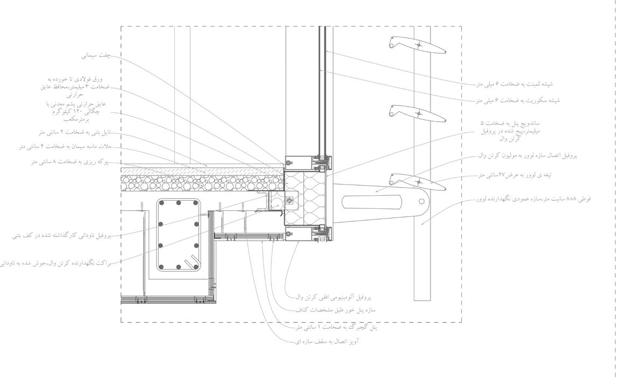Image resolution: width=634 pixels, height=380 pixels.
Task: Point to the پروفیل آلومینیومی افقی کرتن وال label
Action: (x=333, y=297)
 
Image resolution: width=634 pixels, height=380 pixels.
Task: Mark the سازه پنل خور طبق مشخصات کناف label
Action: (x=335, y=311)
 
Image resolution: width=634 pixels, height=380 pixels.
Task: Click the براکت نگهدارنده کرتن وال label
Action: (x=54, y=263)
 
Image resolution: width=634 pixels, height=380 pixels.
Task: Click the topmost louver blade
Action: (x=418, y=45)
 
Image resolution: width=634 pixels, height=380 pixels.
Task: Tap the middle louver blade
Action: (x=418, y=113)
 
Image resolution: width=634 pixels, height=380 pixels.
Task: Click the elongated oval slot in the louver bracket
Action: (x=371, y=202)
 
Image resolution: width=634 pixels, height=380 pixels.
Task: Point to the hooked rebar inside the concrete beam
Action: (x=192, y=263)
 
